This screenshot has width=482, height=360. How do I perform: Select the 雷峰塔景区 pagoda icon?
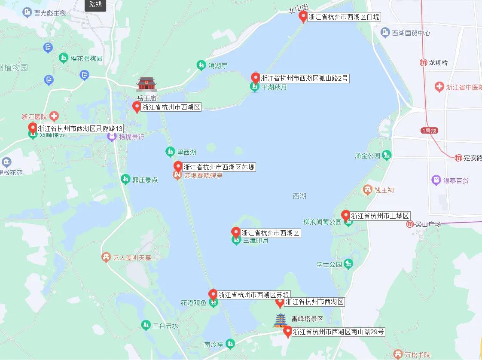tap(281, 320)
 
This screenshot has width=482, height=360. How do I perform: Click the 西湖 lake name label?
tap(299, 196)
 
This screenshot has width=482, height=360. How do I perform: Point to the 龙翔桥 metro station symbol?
tap(423, 63)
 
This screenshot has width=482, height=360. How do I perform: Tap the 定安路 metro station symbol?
tap(458, 158)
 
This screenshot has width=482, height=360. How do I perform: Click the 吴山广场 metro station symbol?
tap(410, 224)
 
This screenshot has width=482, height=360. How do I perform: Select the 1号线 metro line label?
tap(428, 130)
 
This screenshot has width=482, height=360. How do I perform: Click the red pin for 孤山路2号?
tap(256, 78)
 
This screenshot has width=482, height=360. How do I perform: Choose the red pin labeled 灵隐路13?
tap(32, 128)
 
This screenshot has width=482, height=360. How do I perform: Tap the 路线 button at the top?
tap(95, 5)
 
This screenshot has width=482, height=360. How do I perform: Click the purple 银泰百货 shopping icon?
tap(436, 181)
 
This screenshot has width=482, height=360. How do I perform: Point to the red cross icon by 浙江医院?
tap(54, 116)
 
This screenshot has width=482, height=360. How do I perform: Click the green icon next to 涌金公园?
tap(387, 155)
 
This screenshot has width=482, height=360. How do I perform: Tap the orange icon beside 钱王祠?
tap(367, 189)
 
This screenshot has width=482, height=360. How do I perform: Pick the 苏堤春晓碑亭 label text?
tap(204, 176)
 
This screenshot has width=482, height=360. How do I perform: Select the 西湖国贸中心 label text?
tap(411, 33)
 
